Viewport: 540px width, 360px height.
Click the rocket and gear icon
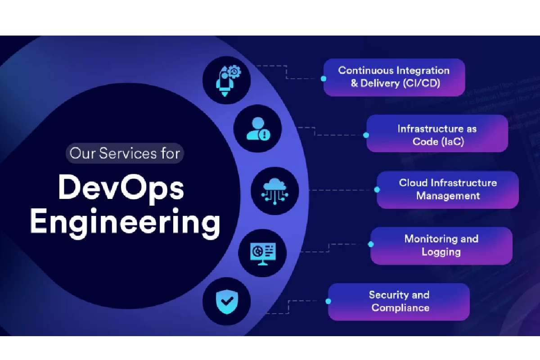coord(228,81)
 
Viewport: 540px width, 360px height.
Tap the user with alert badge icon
coord(258,129)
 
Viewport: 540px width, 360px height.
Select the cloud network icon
coord(274,191)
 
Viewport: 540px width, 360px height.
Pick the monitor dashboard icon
coord(263,254)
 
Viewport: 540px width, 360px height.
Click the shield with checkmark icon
coord(227,301)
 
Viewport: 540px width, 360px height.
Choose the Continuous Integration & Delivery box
coord(394,77)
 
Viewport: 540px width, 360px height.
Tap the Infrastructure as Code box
coord(437,133)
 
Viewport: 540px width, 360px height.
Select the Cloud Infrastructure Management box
coord(448,190)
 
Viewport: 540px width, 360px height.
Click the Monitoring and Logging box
coord(441,246)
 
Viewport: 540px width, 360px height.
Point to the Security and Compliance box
coord(399,301)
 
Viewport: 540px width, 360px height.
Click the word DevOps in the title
coord(121,189)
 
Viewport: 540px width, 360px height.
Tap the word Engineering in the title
coord(125,223)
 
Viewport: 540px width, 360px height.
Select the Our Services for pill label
coord(125,153)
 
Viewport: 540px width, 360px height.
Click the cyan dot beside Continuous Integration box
coord(324,79)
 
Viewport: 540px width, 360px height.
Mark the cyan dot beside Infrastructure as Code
coord(366,135)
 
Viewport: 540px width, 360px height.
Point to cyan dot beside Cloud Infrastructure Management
coord(377,190)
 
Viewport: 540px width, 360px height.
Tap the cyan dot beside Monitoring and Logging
coord(371,244)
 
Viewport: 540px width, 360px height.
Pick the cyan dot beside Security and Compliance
coord(328,301)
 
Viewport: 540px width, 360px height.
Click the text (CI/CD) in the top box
coord(421,83)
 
